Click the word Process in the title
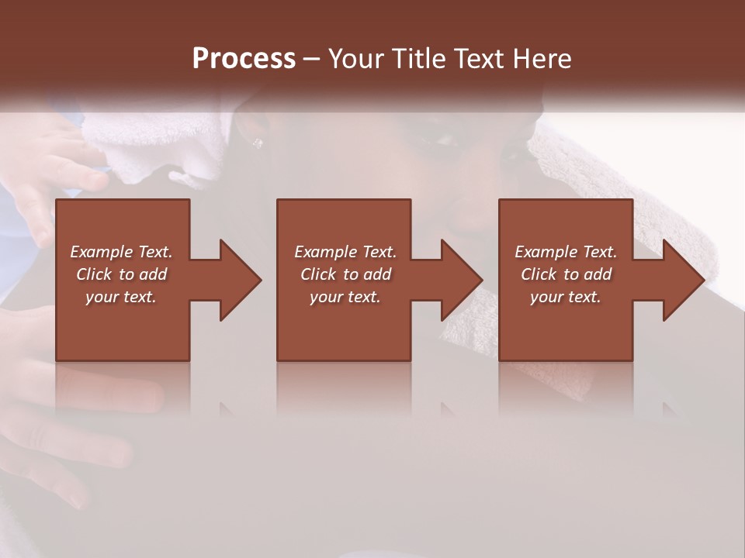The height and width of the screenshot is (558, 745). [244, 59]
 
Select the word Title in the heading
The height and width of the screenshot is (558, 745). [418, 59]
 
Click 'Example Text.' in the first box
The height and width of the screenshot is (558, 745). [121, 252]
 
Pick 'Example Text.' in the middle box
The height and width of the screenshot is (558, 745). [345, 252]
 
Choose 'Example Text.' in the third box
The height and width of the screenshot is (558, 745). [566, 252]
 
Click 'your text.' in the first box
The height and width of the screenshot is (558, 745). [121, 297]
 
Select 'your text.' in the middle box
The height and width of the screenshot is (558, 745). [345, 297]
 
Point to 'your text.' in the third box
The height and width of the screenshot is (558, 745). [566, 297]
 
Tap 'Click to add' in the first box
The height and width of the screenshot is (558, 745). [121, 274]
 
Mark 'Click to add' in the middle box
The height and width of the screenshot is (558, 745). [345, 274]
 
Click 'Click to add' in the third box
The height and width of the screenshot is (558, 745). [566, 274]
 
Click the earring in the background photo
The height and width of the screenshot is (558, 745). [257, 143]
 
